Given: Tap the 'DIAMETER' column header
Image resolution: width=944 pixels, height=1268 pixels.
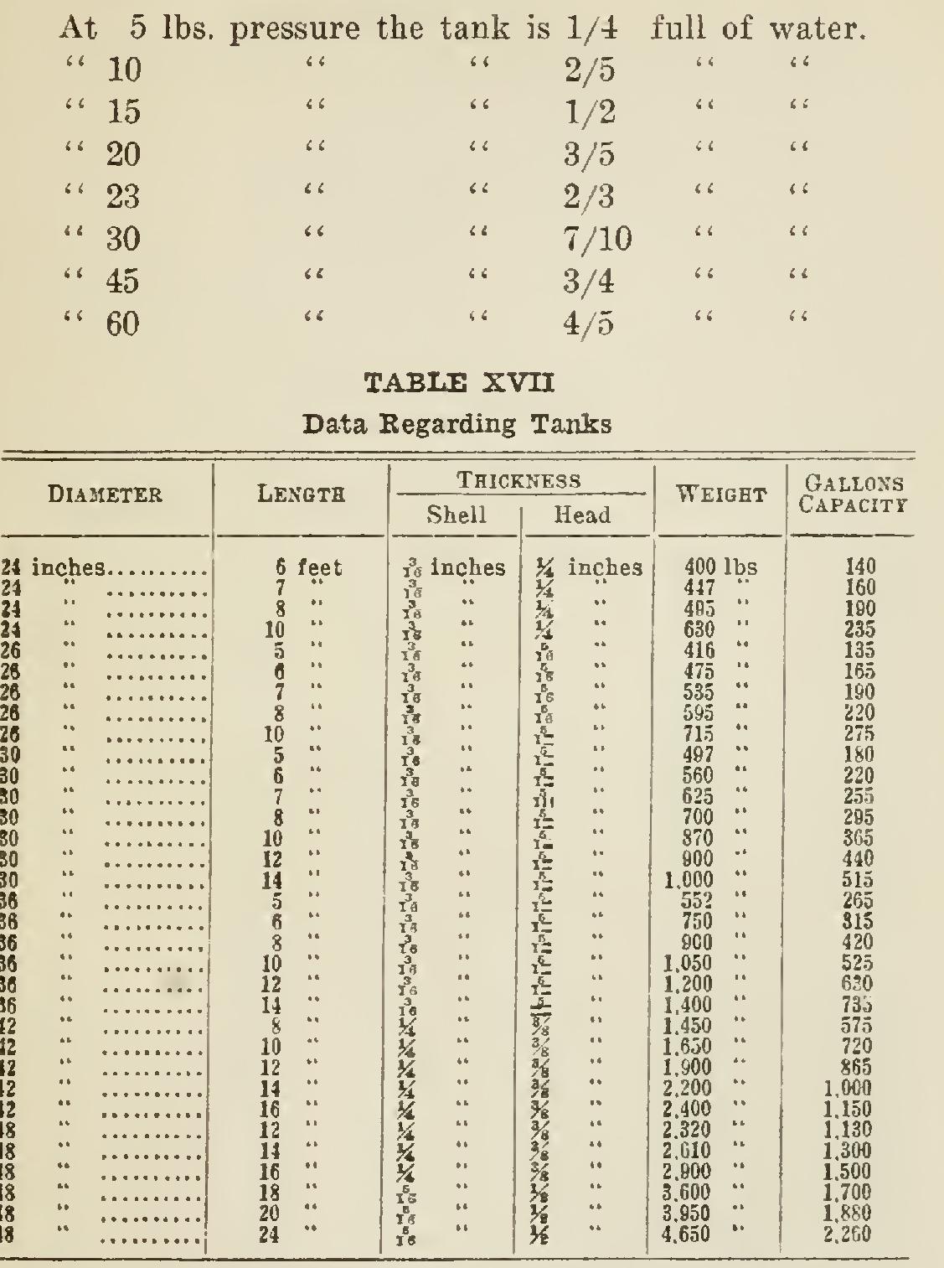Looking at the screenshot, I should click(106, 495).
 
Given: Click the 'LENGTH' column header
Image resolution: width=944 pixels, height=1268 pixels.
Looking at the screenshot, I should click(302, 495).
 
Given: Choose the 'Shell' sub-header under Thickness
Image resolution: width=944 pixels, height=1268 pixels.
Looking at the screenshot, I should click(456, 515).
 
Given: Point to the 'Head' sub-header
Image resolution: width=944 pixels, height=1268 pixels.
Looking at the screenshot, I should click(583, 515).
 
